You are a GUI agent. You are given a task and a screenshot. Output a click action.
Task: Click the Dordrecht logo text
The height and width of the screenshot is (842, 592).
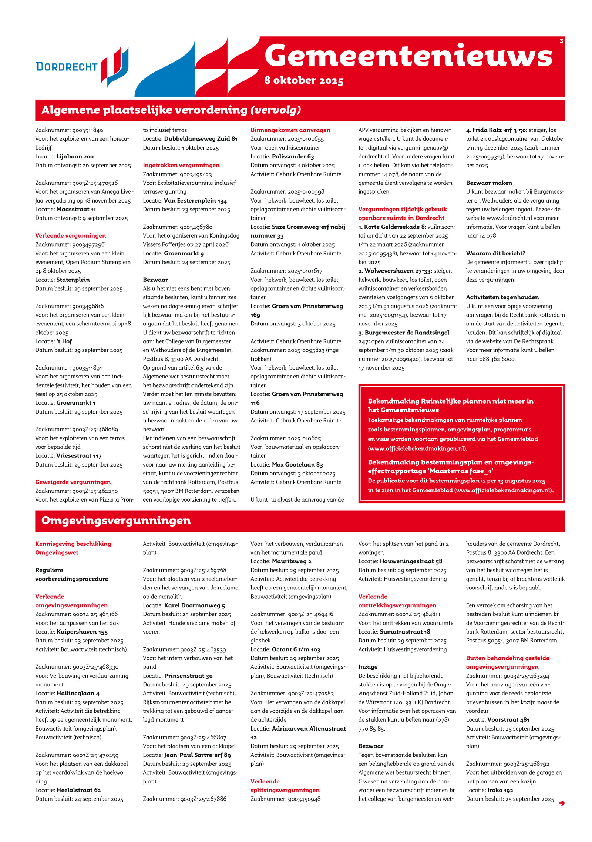(x=67, y=67)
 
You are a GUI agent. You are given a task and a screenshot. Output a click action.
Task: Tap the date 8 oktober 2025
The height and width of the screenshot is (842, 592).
(x=304, y=80)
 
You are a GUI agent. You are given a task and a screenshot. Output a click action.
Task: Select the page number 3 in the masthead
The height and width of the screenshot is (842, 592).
(x=561, y=41)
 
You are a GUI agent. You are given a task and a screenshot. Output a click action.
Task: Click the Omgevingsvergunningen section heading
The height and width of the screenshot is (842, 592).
(x=116, y=520)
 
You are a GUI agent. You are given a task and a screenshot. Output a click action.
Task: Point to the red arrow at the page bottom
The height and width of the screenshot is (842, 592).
(x=562, y=803)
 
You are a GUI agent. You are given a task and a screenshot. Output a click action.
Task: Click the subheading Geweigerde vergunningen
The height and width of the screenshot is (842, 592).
(x=73, y=482)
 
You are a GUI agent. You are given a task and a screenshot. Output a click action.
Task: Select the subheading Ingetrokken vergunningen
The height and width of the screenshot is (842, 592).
(x=181, y=165)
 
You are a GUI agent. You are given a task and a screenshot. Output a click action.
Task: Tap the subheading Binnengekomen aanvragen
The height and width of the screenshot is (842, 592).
(x=290, y=130)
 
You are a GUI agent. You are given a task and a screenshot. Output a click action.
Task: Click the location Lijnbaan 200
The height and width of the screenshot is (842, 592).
(x=75, y=156)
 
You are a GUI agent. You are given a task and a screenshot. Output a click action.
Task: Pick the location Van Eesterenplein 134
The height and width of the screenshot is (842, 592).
(x=195, y=200)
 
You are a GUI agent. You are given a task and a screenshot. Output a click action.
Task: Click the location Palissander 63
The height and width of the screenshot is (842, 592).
(x=293, y=156)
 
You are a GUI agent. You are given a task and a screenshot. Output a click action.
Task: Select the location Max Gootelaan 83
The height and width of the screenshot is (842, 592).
(x=297, y=464)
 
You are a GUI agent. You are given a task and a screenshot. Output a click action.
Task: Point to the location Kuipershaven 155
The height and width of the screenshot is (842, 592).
(x=82, y=632)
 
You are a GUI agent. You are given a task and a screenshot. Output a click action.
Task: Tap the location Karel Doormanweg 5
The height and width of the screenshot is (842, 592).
(x=195, y=605)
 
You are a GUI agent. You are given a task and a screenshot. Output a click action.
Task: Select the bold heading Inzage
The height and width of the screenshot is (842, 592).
(x=368, y=666)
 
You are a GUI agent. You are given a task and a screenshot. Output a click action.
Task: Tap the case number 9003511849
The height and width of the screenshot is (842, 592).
(x=87, y=130)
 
